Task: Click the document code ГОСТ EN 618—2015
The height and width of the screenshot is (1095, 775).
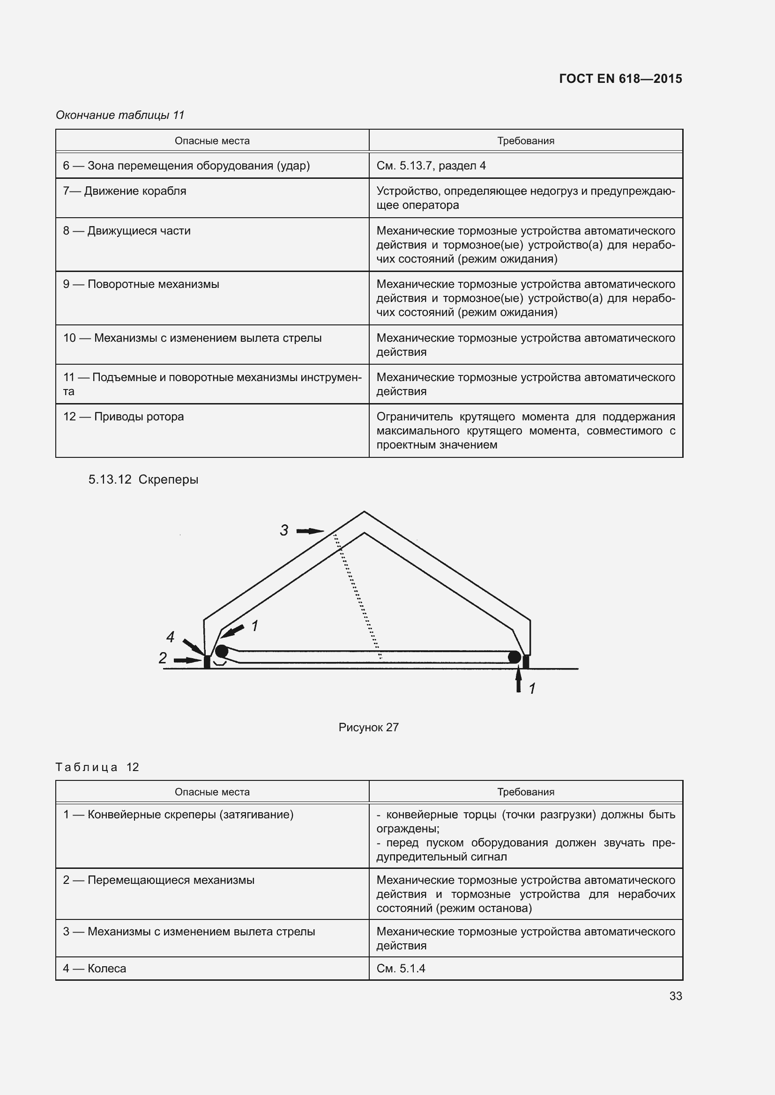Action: point(620,79)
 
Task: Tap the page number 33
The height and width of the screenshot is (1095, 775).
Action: point(675,996)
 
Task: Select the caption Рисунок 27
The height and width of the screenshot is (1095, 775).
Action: point(368,728)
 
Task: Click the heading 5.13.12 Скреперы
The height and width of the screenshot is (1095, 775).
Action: point(143,479)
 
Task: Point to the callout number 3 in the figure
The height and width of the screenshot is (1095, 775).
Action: point(284,530)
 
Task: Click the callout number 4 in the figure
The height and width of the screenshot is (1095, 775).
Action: point(171,636)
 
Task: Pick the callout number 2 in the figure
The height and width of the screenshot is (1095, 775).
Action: point(163,658)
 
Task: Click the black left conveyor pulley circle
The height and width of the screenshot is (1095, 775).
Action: point(222,651)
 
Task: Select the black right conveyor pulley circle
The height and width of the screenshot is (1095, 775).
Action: point(514,657)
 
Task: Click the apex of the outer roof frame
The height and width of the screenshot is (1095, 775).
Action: point(364,512)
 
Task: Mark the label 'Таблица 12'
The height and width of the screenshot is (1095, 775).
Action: point(97,767)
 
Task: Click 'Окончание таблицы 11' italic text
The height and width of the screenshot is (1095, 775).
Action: point(120,115)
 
